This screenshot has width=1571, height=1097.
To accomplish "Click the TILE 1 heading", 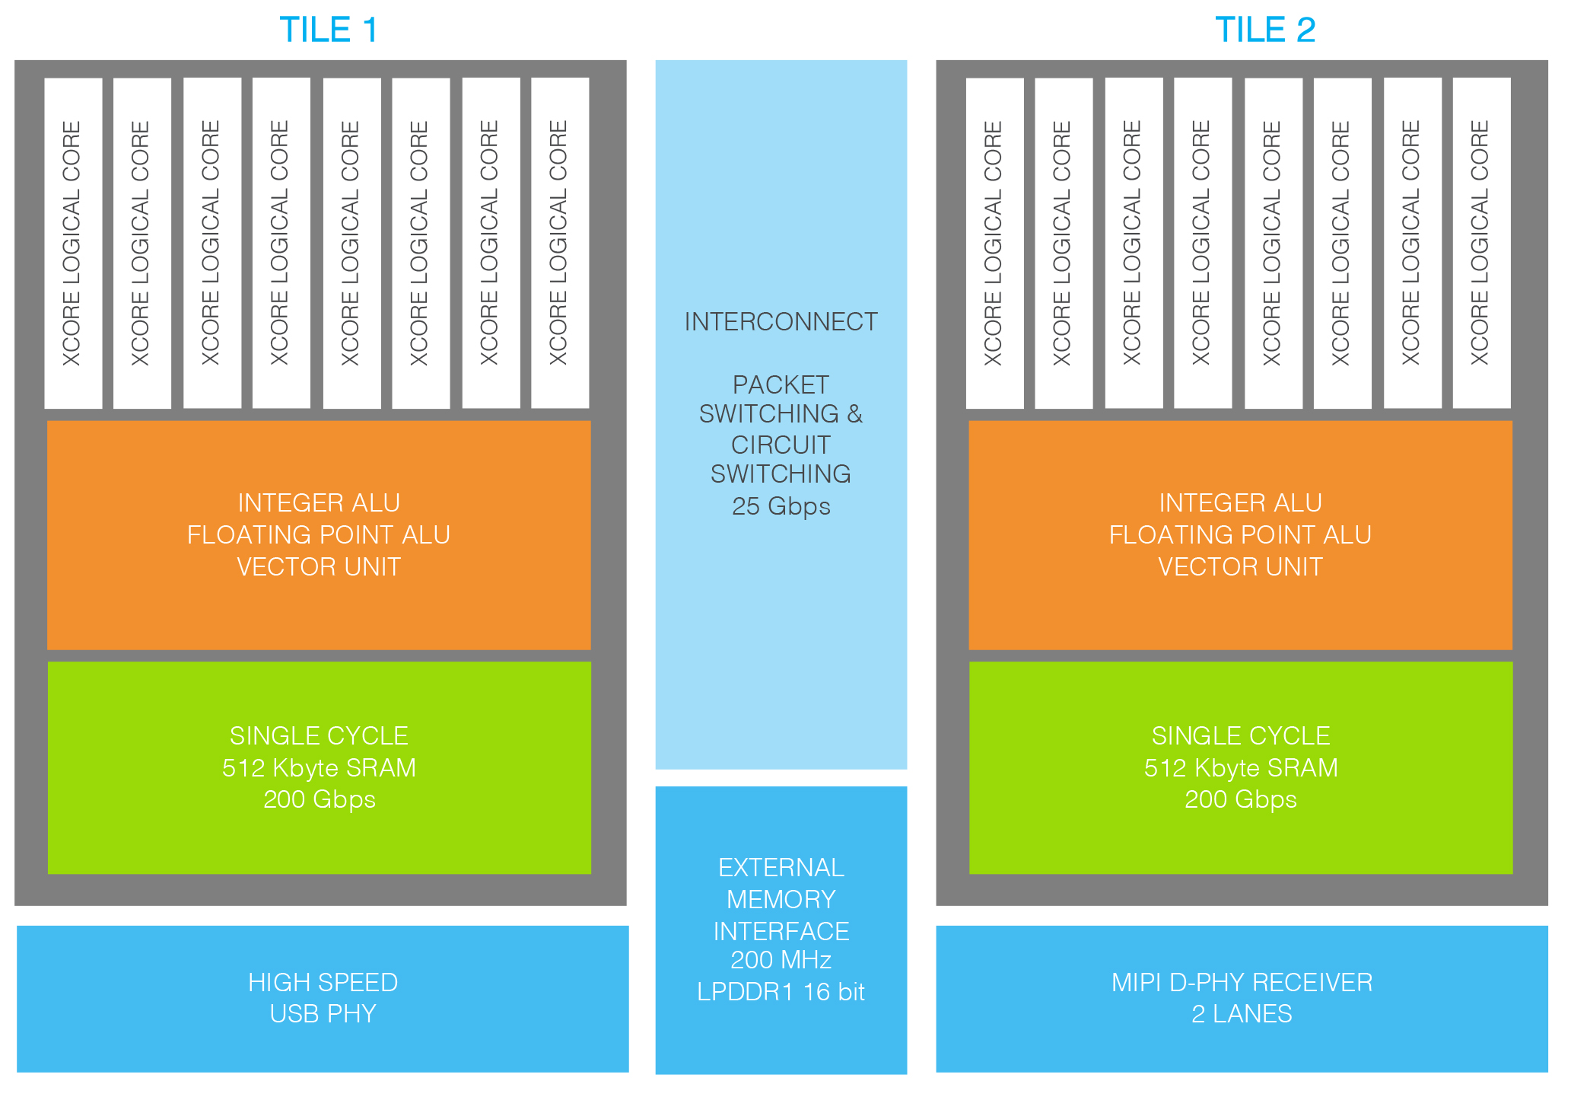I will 329,30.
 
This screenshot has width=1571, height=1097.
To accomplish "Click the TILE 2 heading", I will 1264,30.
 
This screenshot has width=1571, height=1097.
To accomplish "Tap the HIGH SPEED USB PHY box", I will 323,998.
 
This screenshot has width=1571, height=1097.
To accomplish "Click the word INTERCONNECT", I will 781,322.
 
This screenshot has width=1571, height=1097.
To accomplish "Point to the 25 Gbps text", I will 781,506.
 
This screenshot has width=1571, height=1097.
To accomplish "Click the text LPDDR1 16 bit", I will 781,992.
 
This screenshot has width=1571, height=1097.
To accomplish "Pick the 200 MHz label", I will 781,960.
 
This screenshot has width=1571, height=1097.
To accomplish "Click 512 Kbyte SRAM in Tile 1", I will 319,767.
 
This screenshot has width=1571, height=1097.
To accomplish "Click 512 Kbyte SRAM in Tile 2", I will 1240,767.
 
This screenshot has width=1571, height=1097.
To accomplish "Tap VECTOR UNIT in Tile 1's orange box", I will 319,567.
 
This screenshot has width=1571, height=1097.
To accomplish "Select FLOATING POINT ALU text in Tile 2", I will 1240,535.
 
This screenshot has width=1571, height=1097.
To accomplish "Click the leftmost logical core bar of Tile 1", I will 73,243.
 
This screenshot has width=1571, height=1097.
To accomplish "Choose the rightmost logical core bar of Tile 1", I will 560,243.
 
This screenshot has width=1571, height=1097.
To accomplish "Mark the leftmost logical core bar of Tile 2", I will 994,243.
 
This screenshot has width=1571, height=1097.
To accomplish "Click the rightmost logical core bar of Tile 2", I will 1481,243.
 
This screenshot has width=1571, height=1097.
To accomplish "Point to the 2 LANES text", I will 1242,1014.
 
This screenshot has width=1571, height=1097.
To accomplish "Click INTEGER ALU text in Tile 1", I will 319,503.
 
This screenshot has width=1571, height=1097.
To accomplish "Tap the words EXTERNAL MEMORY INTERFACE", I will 781,899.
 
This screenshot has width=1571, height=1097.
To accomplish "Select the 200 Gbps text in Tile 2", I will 1240,799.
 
